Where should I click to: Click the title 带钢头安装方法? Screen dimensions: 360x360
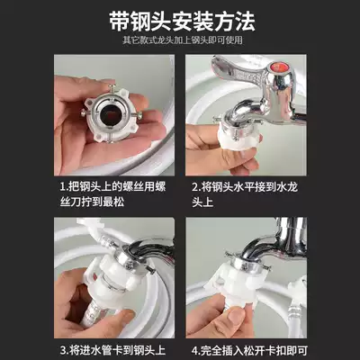(180, 18)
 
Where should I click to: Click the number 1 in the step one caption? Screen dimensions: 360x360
(62, 186)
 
